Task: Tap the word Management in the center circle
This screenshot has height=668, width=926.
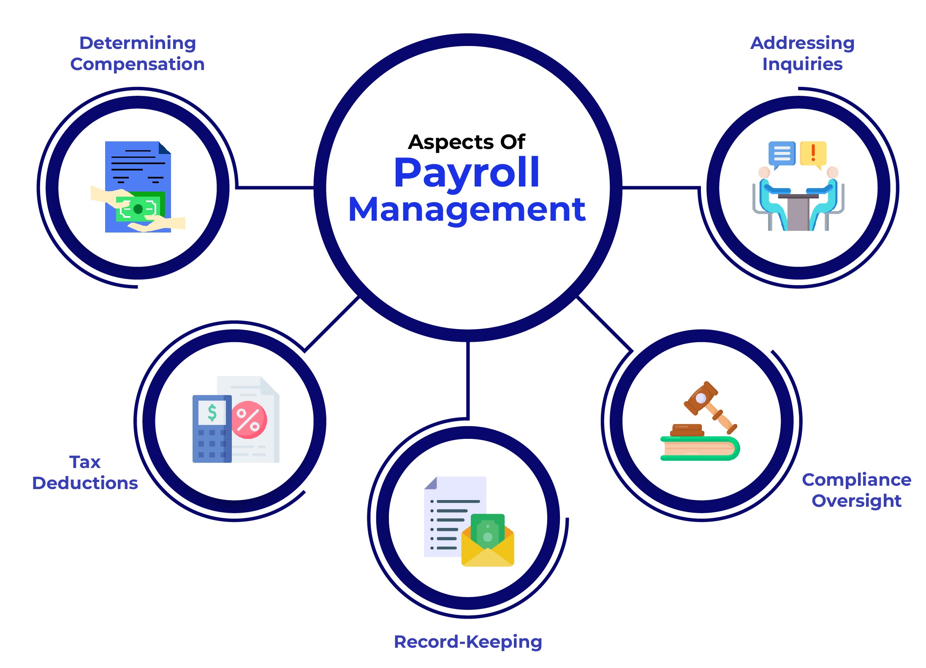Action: click(467, 210)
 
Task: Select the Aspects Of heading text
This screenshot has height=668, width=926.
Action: click(467, 142)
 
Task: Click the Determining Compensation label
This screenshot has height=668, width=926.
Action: click(137, 54)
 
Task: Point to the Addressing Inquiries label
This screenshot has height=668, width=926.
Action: click(802, 54)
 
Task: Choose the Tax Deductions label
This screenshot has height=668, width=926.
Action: click(85, 473)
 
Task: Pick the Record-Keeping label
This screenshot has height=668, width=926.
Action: click(468, 642)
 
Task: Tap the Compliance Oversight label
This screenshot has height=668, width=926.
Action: click(856, 490)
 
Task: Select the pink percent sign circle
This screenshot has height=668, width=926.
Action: click(249, 420)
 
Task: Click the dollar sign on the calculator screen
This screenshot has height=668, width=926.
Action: click(212, 412)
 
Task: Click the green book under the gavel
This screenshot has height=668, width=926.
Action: click(700, 449)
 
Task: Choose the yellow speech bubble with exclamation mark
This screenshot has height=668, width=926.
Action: click(813, 153)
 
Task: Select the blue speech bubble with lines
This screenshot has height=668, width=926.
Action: click(782, 153)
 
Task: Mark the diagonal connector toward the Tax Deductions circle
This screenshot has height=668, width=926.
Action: click(332, 324)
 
